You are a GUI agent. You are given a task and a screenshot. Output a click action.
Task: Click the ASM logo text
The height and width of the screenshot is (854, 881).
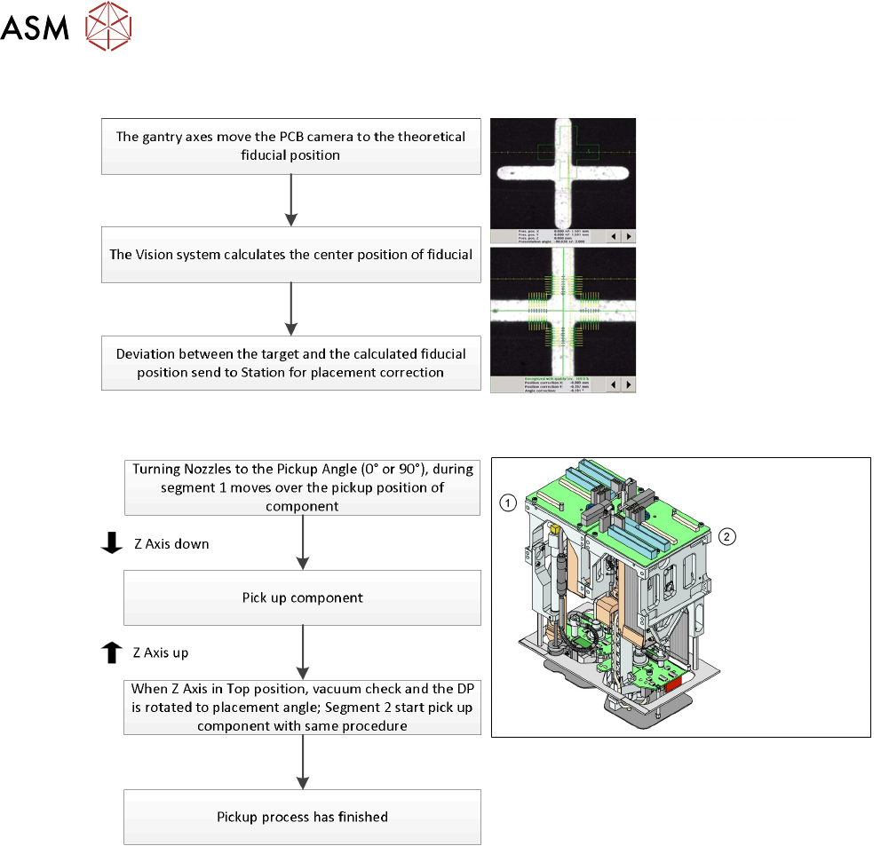(x=36, y=29)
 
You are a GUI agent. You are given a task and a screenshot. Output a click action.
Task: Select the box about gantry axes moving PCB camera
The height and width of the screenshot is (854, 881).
(x=291, y=146)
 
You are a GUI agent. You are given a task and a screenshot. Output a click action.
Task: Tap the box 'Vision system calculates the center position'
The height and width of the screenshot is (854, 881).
(x=291, y=255)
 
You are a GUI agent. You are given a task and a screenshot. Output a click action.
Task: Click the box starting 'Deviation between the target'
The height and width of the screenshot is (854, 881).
(x=291, y=363)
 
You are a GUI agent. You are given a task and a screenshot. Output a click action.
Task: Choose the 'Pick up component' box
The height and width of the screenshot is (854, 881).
(x=302, y=597)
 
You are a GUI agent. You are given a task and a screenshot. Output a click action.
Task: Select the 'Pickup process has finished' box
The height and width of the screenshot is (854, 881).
(x=302, y=816)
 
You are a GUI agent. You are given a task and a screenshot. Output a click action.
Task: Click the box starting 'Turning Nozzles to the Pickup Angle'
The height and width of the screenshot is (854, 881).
(x=302, y=486)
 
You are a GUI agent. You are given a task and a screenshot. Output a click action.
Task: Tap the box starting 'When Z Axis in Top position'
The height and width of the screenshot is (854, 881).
(x=302, y=707)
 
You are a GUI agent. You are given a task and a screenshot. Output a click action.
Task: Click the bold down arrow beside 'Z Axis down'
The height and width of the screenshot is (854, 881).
(x=111, y=543)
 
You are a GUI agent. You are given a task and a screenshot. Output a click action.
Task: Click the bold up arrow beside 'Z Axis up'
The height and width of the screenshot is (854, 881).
(x=111, y=653)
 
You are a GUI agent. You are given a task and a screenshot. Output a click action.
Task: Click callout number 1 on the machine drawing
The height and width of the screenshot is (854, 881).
(x=506, y=503)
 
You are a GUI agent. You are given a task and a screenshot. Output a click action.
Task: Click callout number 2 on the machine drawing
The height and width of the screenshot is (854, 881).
(x=727, y=535)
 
